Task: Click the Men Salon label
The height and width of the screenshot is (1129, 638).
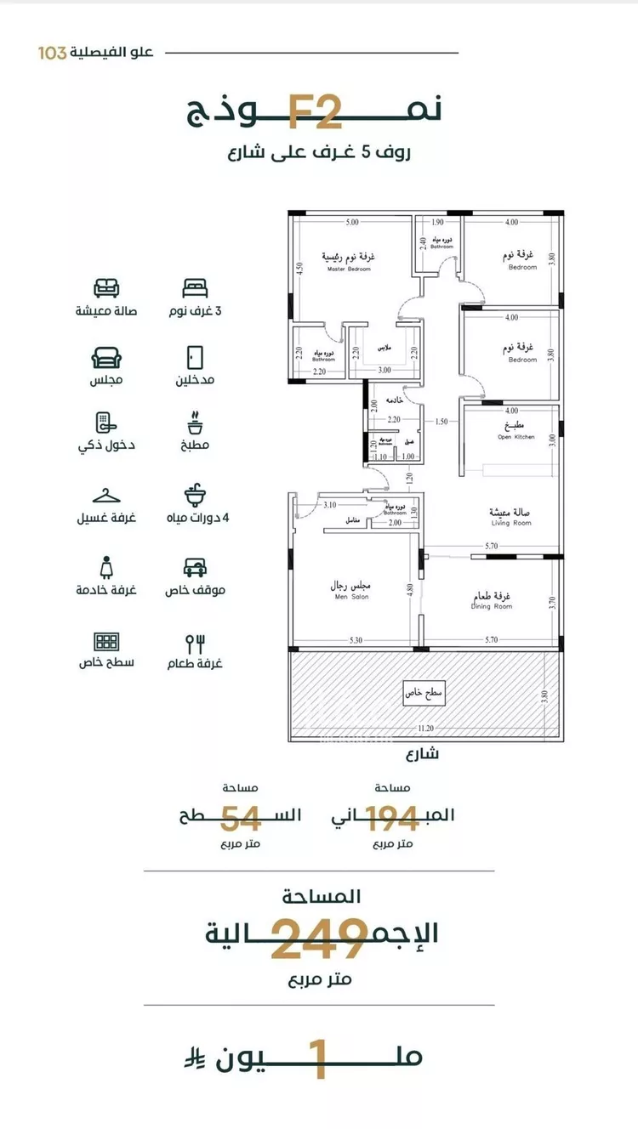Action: pyautogui.click(x=350, y=591)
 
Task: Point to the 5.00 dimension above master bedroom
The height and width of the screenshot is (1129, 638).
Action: pyautogui.click(x=351, y=223)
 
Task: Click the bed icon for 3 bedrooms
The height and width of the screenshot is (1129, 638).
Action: pyautogui.click(x=194, y=287)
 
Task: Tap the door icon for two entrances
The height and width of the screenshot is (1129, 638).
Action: pyautogui.click(x=194, y=355)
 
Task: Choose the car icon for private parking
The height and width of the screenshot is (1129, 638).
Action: pyautogui.click(x=194, y=567)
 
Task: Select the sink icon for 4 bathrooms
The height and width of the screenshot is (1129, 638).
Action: pyautogui.click(x=194, y=494)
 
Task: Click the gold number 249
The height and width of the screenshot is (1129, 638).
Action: pyautogui.click(x=319, y=939)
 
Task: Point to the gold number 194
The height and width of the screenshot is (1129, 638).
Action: pyautogui.click(x=392, y=817)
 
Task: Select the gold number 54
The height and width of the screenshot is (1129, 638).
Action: pyautogui.click(x=241, y=817)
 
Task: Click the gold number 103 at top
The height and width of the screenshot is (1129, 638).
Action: pyautogui.click(x=53, y=53)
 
